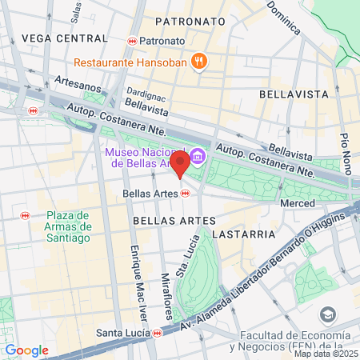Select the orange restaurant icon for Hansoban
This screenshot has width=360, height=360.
point(198,62)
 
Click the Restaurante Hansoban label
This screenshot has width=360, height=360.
point(131,62)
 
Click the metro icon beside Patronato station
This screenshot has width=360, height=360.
point(131,40)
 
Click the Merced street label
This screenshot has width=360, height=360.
point(297,204)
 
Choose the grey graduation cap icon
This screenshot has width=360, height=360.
point(327,314)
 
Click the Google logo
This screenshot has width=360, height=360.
point(26,350)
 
